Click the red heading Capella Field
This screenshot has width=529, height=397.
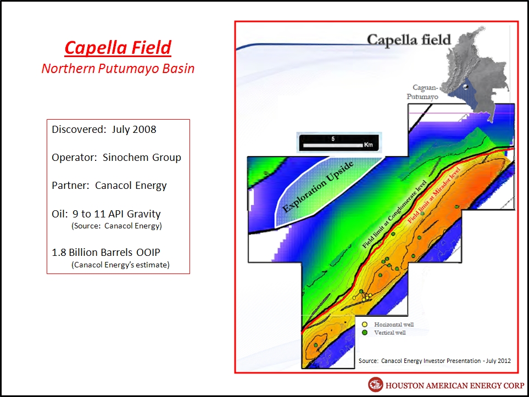coord(118,48)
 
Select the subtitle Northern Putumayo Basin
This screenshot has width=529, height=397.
coord(118,69)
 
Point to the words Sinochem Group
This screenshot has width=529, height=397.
coord(142,158)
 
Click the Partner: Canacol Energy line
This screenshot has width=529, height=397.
coord(109,186)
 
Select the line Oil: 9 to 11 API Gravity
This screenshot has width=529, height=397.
coord(106,214)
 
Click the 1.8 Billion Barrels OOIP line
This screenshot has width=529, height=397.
coord(106,252)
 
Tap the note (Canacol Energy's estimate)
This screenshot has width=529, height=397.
coord(120,265)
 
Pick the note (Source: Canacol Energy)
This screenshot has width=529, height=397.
coord(116,226)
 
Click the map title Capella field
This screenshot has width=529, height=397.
coord(409,40)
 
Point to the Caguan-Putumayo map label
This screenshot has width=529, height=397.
coord(422,92)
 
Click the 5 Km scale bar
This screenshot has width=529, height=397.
coord(339,143)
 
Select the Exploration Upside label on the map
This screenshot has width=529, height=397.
coord(318,187)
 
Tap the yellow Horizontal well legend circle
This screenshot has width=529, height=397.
coord(364,325)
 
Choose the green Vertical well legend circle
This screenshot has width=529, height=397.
coord(364,333)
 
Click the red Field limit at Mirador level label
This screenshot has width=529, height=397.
coord(434,195)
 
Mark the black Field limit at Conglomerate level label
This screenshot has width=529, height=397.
coord(394,215)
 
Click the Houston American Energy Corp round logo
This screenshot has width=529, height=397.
coord(375,384)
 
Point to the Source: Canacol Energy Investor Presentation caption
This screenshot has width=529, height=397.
coord(435,361)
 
